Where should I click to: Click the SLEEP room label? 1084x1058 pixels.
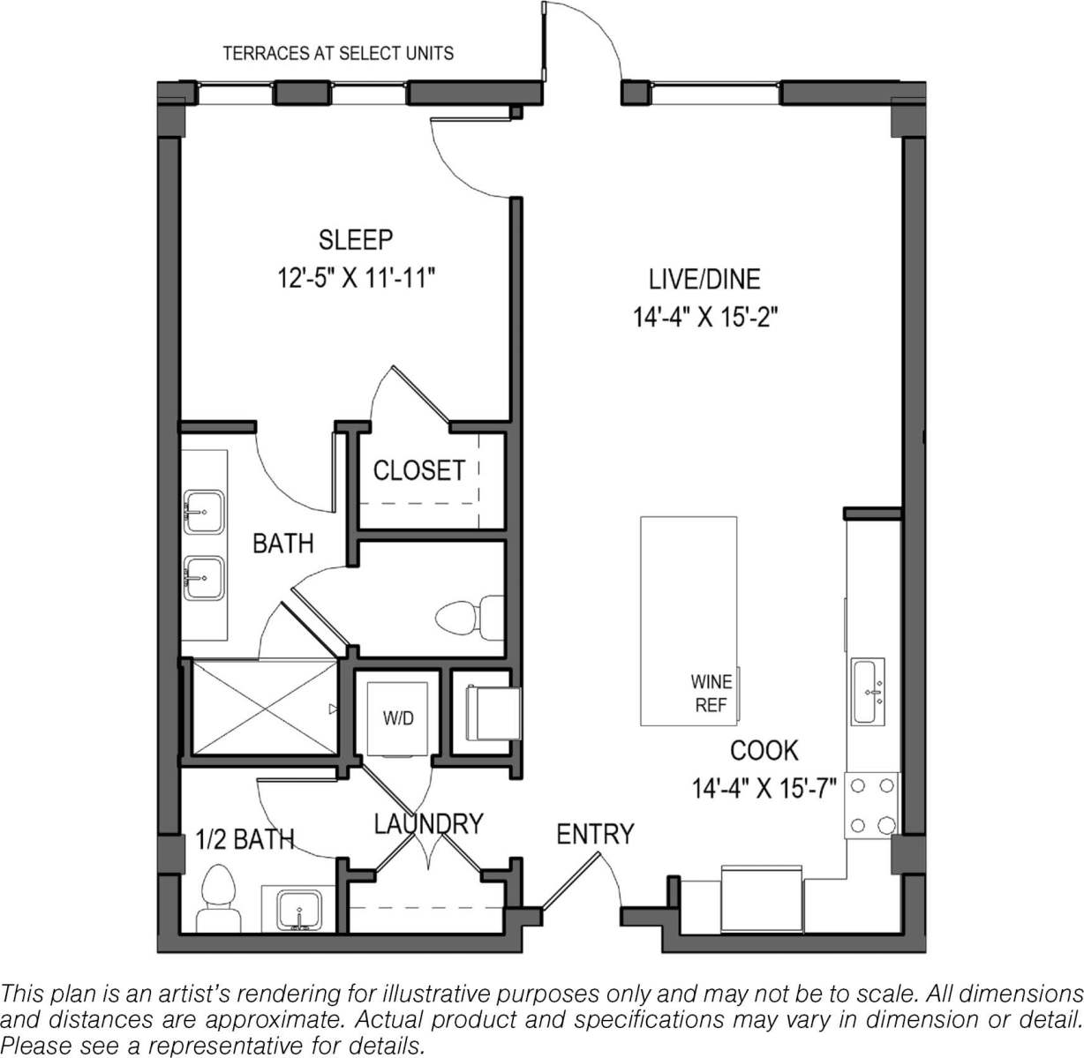pos(356,239)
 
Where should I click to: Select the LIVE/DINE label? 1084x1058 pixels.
pos(704,280)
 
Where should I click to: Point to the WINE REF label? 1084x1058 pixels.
pos(711,694)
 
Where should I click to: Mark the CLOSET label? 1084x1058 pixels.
pos(418,470)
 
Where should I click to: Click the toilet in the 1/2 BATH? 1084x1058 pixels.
pos(217,898)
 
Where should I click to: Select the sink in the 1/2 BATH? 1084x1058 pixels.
pos(298,910)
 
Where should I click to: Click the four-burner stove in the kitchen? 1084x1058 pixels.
pos(871,805)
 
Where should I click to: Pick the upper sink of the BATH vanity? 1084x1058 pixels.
pos(204,510)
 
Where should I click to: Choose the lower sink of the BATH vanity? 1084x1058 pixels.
pos(204,579)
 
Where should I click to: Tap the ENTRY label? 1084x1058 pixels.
pos(595,834)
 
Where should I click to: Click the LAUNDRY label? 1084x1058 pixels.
pos(428,823)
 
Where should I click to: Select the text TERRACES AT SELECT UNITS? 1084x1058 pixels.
pos(338,54)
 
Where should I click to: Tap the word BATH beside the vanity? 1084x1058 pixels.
pos(282,543)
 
